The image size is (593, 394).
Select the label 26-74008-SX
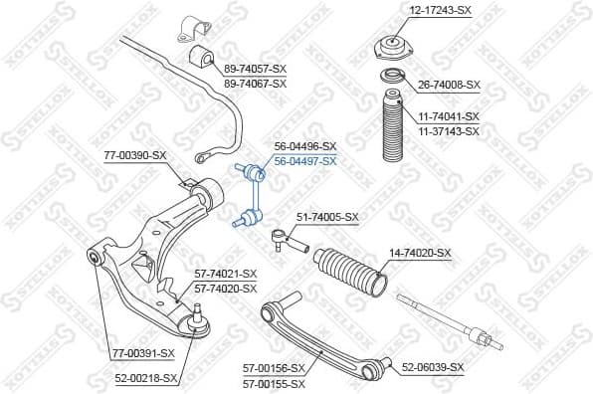click(448, 86)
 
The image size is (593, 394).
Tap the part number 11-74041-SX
click(448, 116)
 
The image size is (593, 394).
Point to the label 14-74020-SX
click(419, 254)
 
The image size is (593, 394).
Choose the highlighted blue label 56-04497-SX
click(305, 160)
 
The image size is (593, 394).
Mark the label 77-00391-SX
click(141, 352)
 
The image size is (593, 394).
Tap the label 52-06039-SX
click(433, 367)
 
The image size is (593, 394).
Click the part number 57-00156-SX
click(275, 367)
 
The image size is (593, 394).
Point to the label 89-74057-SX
click(255, 70)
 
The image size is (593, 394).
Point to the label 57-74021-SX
click(225, 274)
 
